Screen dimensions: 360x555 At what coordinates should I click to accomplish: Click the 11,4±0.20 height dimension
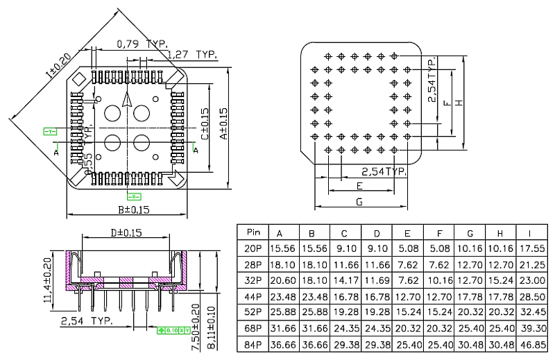pyautogui.click(x=49, y=280)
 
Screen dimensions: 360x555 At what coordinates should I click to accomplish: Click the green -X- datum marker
pyautogui.click(x=135, y=196)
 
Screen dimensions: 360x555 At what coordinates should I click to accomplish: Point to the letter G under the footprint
pyautogui.click(x=359, y=202)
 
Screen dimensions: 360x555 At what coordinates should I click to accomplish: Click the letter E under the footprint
pyautogui.click(x=359, y=186)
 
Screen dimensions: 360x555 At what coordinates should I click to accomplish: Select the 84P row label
pyautogui.click(x=253, y=344)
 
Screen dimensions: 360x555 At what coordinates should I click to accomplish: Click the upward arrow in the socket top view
pyautogui.click(x=126, y=100)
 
